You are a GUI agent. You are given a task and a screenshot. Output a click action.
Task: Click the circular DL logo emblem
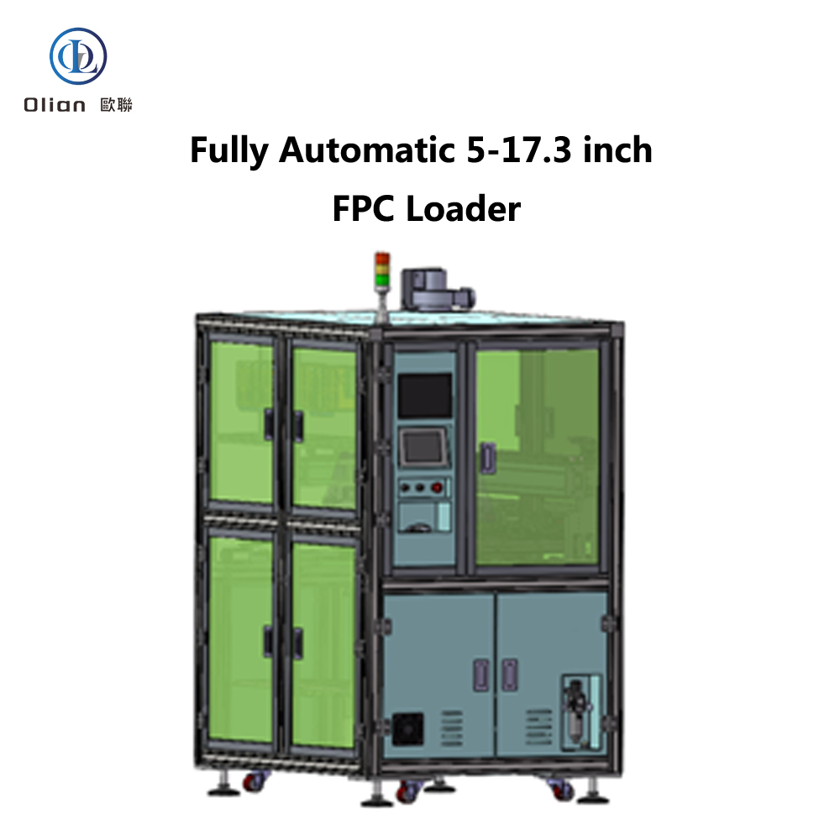pyautogui.click(x=78, y=56)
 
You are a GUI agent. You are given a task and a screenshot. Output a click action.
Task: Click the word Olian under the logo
pyautogui.click(x=55, y=104)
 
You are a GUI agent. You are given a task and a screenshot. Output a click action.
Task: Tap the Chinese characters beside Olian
pyautogui.click(x=116, y=104)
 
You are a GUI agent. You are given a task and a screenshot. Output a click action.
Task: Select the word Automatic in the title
pyautogui.click(x=367, y=150)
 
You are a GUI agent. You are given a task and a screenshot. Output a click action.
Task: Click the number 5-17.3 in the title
pyautogui.click(x=518, y=150)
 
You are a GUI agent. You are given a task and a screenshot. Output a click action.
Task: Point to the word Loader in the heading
pyautogui.click(x=464, y=208)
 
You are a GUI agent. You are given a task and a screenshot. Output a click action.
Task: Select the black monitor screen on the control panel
pyautogui.click(x=424, y=396)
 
